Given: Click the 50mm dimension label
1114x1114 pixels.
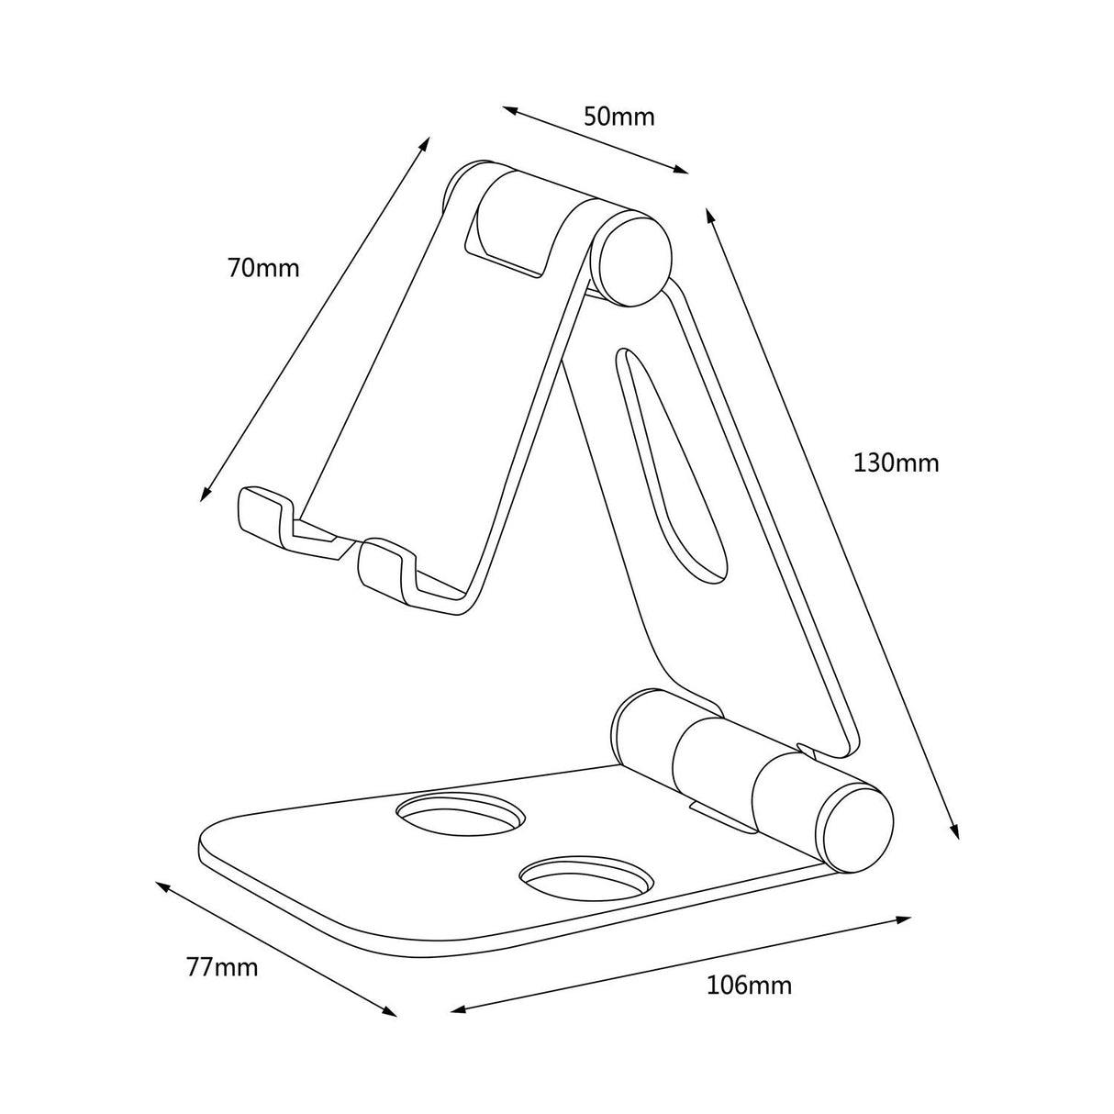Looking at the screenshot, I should [619, 117].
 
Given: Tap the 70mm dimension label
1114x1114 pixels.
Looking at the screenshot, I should [263, 268].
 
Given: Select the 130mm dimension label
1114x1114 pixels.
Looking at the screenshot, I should [896, 462].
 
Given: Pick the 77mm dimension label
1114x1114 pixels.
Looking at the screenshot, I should [222, 967].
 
